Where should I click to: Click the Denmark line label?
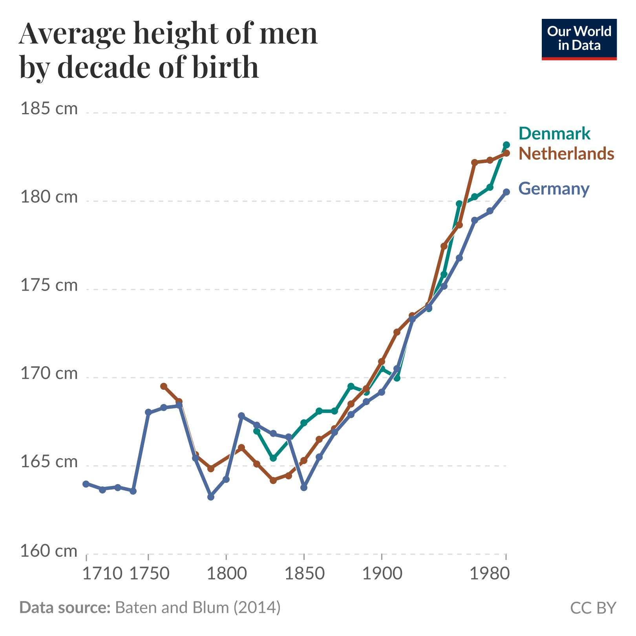click(554, 133)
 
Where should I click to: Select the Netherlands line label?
click(566, 154)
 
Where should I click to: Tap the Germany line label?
click(554, 189)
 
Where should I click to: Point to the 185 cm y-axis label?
click(49, 109)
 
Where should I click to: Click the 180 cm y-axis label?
click(49, 197)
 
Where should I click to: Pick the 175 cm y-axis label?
click(49, 285)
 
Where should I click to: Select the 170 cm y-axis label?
click(49, 374)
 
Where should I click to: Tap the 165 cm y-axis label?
click(49, 462)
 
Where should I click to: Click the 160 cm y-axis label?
click(49, 551)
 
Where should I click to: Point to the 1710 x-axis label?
click(103, 574)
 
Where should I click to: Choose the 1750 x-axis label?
click(149, 574)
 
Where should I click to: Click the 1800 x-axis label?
click(227, 574)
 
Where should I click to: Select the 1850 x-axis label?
click(304, 574)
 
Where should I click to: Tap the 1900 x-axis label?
click(382, 574)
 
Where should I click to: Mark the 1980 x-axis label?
click(490, 574)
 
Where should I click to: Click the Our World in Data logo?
click(579, 39)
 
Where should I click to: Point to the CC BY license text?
click(593, 608)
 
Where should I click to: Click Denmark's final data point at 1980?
click(506, 145)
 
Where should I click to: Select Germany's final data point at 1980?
click(506, 192)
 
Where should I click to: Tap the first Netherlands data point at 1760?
click(164, 386)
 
